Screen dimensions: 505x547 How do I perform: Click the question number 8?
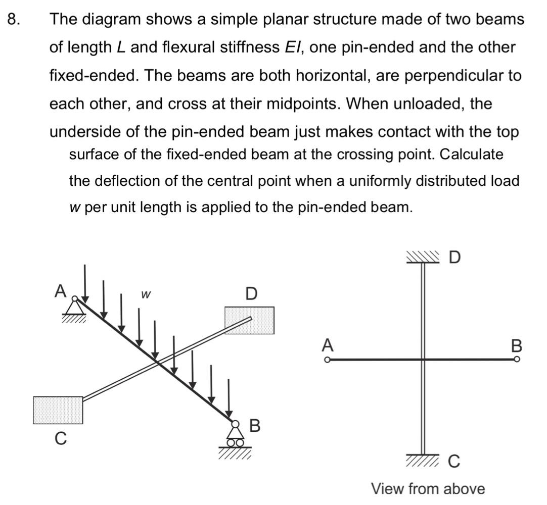pyautogui.click(x=13, y=19)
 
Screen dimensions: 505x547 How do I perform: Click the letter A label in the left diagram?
pyautogui.click(x=61, y=291)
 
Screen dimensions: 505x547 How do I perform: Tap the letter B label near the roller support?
pyautogui.click(x=255, y=425)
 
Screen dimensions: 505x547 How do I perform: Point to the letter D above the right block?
pyautogui.click(x=251, y=293)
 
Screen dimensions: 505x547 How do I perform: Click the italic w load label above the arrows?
pyautogui.click(x=146, y=293)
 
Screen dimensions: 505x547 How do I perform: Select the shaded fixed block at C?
pyautogui.click(x=58, y=410)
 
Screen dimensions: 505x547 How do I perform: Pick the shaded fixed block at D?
pyautogui.click(x=250, y=320)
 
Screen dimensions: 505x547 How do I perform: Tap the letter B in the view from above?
pyautogui.click(x=516, y=346)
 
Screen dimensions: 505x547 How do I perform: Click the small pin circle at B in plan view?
pyautogui.click(x=516, y=360)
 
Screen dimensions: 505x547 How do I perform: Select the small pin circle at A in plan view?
pyautogui.click(x=328, y=360)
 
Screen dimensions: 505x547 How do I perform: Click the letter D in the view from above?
pyautogui.click(x=455, y=258)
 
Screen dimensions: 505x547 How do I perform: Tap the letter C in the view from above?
pyautogui.click(x=454, y=461)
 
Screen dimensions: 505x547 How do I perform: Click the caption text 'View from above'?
pyautogui.click(x=428, y=489)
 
